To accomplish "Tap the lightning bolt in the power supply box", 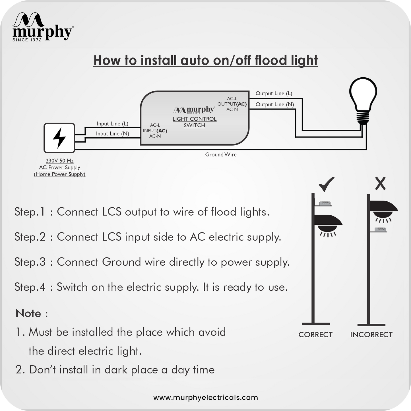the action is point(59,138).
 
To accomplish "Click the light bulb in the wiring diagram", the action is point(363,101).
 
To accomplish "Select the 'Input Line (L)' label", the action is point(112,124).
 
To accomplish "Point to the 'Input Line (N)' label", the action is point(112,134).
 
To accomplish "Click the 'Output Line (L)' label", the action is point(274,93).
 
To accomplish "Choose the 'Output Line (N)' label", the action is point(275,104).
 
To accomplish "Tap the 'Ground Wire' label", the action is point(221,154).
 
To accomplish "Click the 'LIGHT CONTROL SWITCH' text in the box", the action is point(195,122).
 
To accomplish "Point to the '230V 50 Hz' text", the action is point(59,161).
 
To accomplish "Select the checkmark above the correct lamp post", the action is point(327,184).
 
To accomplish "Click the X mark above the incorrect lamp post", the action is point(381,183).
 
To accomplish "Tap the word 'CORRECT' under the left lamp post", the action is point(315,335).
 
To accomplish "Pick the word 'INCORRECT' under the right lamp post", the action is point(371,335).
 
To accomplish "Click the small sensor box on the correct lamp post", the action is point(325,203).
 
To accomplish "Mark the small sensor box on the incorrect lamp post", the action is point(380,230).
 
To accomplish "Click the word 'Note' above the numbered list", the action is point(28,313).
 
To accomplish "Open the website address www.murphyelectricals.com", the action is point(206,398).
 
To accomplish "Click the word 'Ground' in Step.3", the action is point(121,262).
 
